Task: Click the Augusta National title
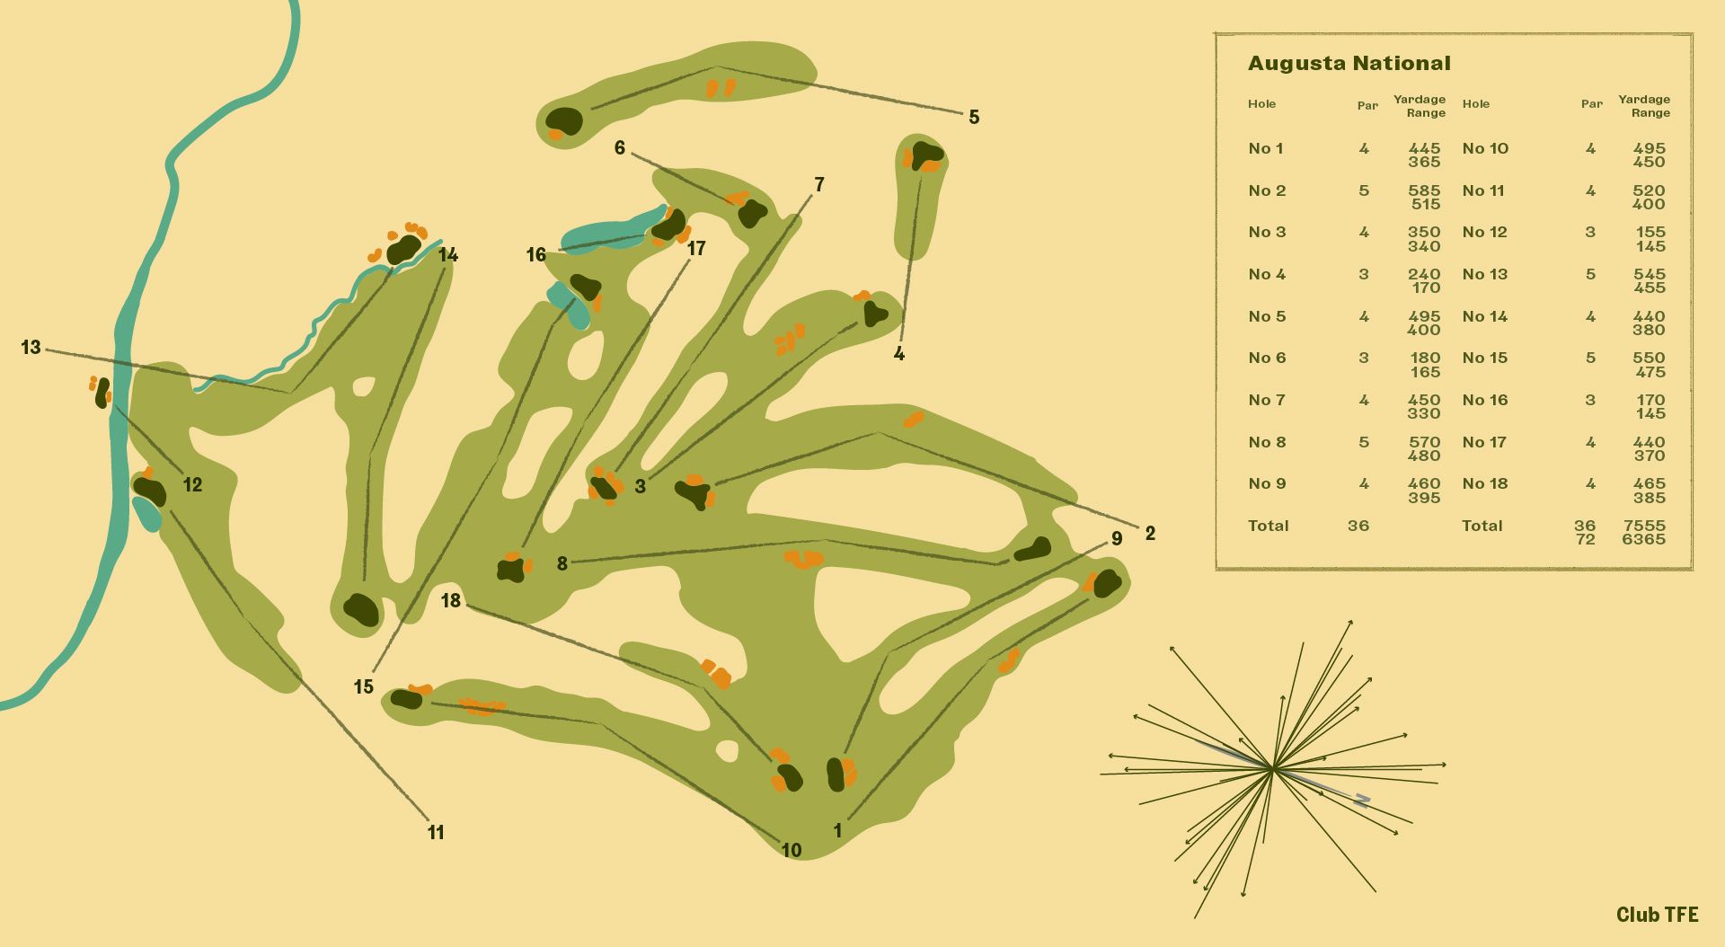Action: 1349,64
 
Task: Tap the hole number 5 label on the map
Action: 974,117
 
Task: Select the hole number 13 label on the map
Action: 31,347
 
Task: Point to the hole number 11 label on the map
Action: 436,833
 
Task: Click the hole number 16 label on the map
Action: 535,255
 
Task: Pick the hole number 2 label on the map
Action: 1150,534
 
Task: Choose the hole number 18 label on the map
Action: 451,600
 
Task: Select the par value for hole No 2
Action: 1364,190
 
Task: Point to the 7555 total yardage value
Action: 1644,526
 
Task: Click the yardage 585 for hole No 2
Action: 1424,190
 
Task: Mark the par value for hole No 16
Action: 1590,400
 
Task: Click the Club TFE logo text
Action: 1657,915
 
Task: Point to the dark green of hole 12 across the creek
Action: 102,393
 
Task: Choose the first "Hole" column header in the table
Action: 1261,104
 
